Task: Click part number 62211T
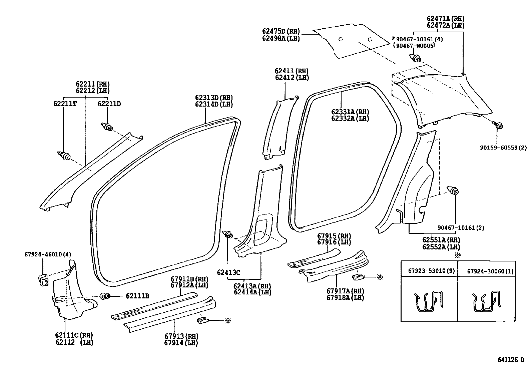tap(65, 104)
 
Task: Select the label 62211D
tap(109, 104)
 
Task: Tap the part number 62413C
tap(228, 272)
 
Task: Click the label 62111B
tap(137, 296)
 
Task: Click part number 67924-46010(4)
tap(48, 254)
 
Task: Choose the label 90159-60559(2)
tap(503, 148)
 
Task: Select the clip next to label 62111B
tap(105, 295)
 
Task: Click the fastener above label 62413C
tap(228, 234)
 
